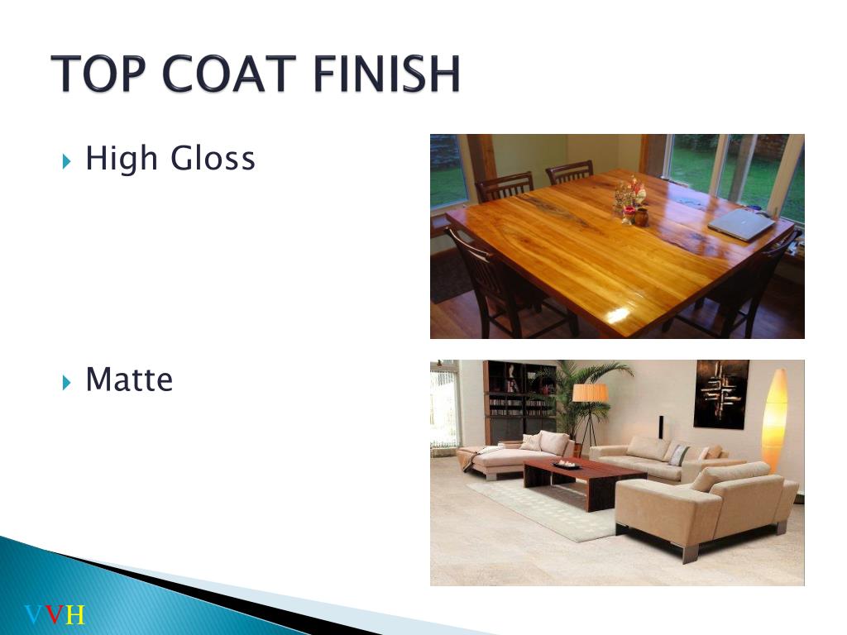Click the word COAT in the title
[229, 74]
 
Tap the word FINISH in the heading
[387, 74]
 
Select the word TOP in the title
[98, 74]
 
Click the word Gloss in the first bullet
[213, 159]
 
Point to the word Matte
[129, 380]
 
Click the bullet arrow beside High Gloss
[66, 161]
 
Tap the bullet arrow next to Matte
[66, 383]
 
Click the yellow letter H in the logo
[75, 615]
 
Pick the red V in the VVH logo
[55, 615]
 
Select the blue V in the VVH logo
[34, 615]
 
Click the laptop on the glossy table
[741, 224]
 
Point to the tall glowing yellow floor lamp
[774, 420]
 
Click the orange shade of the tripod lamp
[590, 393]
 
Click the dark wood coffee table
[584, 480]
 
